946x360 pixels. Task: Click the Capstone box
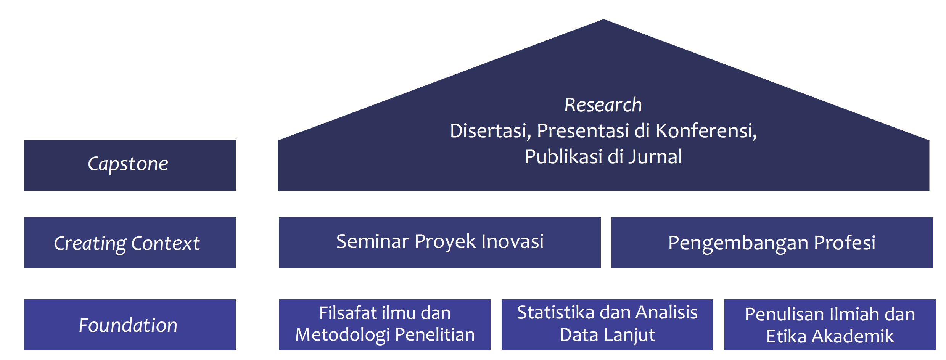(130, 166)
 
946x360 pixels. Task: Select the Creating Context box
(130, 243)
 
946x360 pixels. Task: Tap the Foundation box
(130, 325)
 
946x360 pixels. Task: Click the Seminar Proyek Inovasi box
(440, 243)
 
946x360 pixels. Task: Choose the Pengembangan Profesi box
(772, 243)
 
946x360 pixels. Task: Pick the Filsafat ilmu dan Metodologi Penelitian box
(385, 325)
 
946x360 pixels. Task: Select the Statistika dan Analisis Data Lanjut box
(607, 325)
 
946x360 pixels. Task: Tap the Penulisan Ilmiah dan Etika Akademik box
(830, 325)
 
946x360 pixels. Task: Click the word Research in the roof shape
(603, 105)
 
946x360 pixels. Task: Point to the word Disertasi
(491, 131)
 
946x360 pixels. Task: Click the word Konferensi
(706, 131)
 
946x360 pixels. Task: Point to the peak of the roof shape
(603, 19)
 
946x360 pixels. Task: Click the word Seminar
(373, 241)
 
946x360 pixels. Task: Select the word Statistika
(556, 312)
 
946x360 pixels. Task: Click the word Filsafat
(348, 313)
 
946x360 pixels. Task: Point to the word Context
(166, 243)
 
